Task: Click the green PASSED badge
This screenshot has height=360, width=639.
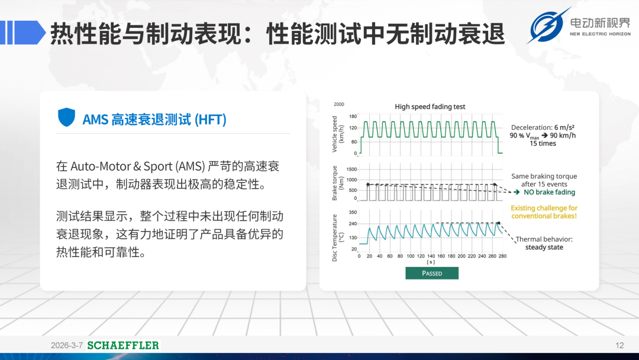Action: [x=431, y=273]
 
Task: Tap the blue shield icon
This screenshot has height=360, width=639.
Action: [x=66, y=117]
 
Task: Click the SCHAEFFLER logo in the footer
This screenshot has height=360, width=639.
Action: [x=123, y=345]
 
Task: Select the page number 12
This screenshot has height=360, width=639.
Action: [x=619, y=345]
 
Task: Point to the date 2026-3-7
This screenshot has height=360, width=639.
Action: [x=67, y=345]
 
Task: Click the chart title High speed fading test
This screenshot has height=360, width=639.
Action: [x=430, y=107]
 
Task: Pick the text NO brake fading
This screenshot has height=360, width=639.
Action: [x=549, y=192]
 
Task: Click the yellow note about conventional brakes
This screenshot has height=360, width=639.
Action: [x=544, y=212]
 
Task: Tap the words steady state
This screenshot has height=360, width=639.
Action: [x=544, y=247]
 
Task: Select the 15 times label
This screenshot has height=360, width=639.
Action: [x=543, y=143]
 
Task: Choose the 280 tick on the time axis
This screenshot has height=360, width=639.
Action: [x=502, y=256]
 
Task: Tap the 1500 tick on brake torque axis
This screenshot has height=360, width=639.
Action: [x=351, y=169]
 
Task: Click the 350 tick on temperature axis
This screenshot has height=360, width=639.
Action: [x=353, y=213]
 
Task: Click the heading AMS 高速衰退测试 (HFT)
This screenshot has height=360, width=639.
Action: [x=154, y=120]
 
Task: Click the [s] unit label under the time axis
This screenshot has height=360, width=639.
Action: [x=431, y=262]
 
